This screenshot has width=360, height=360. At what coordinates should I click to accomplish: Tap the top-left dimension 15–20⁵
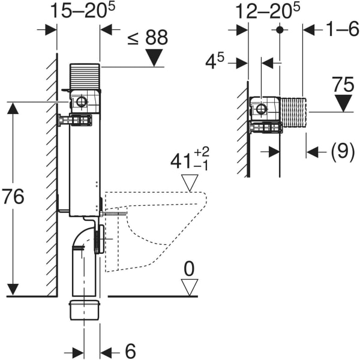(79, 11)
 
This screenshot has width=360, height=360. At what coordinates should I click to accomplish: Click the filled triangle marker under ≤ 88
(155, 58)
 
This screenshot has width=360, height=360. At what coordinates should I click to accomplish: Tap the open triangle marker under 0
(190, 287)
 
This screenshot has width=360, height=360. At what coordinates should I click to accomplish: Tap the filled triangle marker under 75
(344, 103)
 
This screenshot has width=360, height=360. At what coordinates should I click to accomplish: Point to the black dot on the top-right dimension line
(279, 29)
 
